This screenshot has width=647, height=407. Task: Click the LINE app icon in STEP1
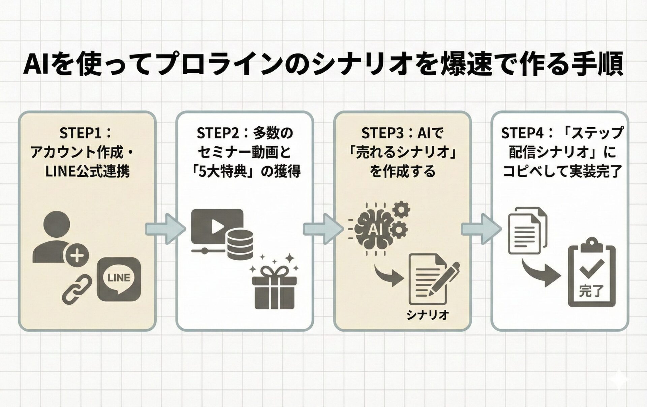[x=119, y=279]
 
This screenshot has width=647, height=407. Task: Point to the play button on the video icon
[x=217, y=227]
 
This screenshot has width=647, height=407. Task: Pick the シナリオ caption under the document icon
[x=427, y=315]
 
